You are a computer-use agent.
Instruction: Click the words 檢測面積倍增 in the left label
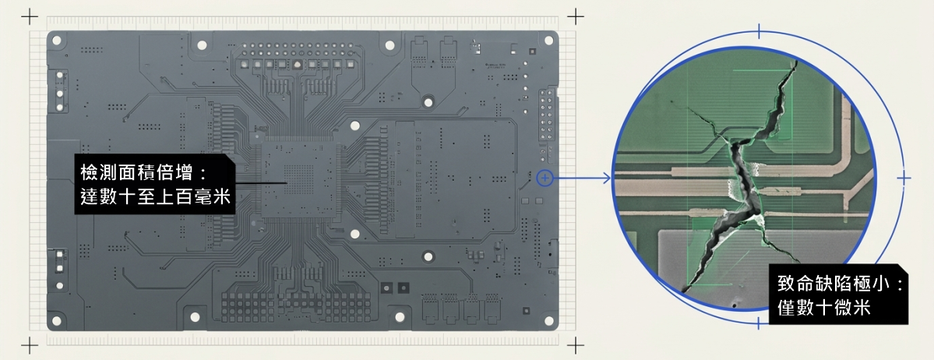click(x=137, y=173)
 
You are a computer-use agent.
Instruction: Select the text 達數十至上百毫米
click(x=156, y=196)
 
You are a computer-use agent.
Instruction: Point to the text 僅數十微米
click(x=824, y=308)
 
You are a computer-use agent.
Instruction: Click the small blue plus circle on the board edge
click(x=545, y=178)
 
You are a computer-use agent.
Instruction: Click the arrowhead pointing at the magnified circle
click(x=607, y=178)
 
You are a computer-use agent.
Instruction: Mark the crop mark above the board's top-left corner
click(x=29, y=16)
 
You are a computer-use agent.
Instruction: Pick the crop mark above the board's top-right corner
click(x=576, y=16)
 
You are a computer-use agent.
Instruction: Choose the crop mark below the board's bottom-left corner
click(x=29, y=344)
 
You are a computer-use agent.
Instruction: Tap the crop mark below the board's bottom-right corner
click(x=576, y=344)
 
